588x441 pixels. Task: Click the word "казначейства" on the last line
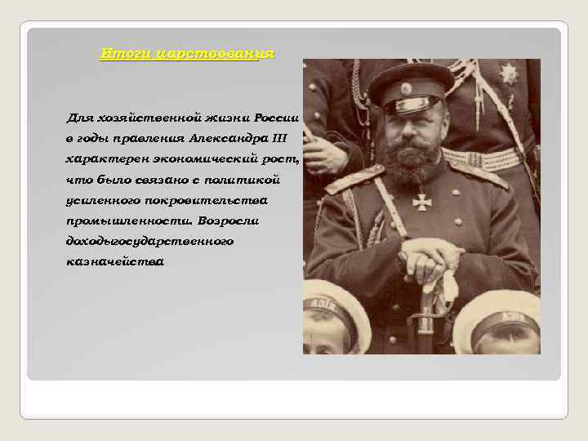(114, 262)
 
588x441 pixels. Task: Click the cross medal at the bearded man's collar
(421, 200)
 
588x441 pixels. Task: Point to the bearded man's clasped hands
(432, 256)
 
